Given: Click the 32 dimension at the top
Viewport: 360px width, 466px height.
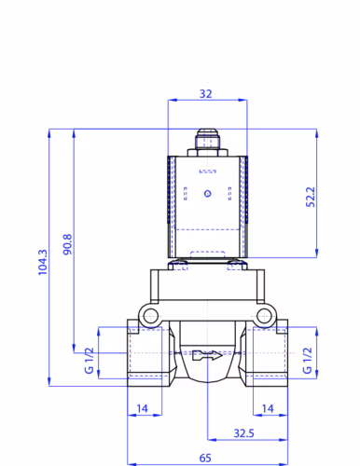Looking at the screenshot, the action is (205, 94).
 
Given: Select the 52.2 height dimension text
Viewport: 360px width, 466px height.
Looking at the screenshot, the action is (311, 197).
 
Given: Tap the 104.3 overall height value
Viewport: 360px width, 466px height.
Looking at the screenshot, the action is (43, 262).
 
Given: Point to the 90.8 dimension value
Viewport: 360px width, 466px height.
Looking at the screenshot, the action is (67, 244).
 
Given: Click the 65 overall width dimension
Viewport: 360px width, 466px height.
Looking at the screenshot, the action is (205, 458).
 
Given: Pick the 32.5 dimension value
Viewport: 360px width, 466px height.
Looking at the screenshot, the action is (243, 433).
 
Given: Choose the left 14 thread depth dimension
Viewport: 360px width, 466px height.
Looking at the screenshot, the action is (143, 408).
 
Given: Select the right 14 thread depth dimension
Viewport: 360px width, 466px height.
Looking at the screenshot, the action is (268, 408).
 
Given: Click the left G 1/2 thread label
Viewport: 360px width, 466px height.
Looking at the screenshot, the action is (89, 361).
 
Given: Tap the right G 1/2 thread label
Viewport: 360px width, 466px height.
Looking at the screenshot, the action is (307, 361).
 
